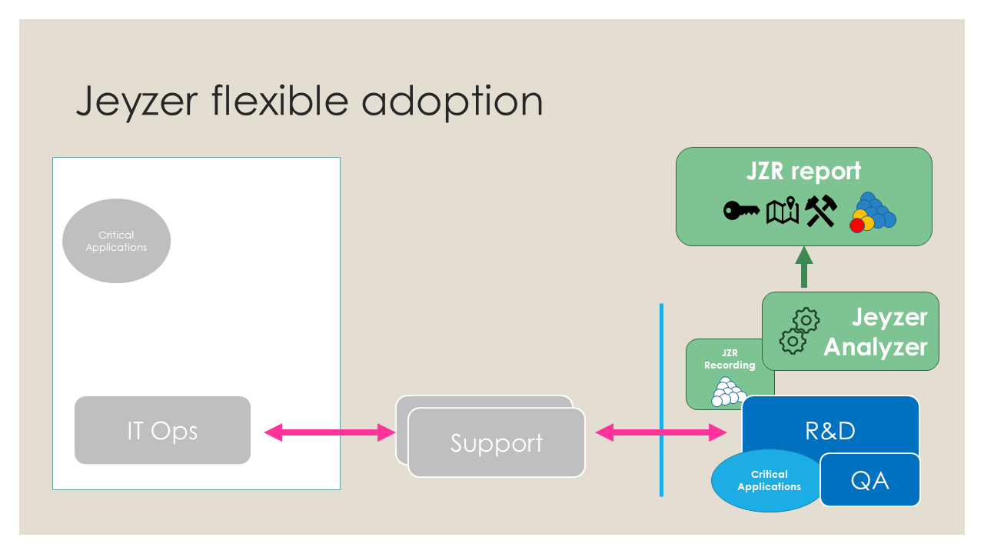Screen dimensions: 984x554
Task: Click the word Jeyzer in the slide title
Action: pyautogui.click(x=137, y=102)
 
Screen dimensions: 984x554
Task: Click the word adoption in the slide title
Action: pyautogui.click(x=452, y=102)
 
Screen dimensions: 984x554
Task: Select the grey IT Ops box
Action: pyautogui.click(x=162, y=430)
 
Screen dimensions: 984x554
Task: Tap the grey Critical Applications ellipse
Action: pyautogui.click(x=116, y=241)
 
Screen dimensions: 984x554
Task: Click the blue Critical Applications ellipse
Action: pyautogui.click(x=766, y=481)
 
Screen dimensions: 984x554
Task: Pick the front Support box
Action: pyautogui.click(x=497, y=442)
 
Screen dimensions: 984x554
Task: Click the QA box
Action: pyautogui.click(x=869, y=479)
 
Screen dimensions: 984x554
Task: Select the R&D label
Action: pyautogui.click(x=830, y=431)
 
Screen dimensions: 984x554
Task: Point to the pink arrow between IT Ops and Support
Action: pyautogui.click(x=330, y=432)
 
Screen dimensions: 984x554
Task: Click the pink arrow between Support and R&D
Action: pyautogui.click(x=660, y=432)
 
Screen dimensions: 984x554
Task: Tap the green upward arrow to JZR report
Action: pyautogui.click(x=804, y=267)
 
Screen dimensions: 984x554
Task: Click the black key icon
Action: pyautogui.click(x=742, y=211)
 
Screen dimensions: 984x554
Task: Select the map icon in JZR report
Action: pyautogui.click(x=783, y=210)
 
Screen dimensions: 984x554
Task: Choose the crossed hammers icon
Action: pyautogui.click(x=821, y=211)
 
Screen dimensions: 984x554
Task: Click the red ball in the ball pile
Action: pyautogui.click(x=857, y=225)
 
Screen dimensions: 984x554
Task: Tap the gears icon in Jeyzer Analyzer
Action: pyautogui.click(x=799, y=331)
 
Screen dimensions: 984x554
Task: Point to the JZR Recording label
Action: pyautogui.click(x=730, y=359)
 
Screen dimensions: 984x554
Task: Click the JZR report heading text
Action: pyautogui.click(x=803, y=171)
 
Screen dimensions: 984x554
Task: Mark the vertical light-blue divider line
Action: pyautogui.click(x=661, y=400)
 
